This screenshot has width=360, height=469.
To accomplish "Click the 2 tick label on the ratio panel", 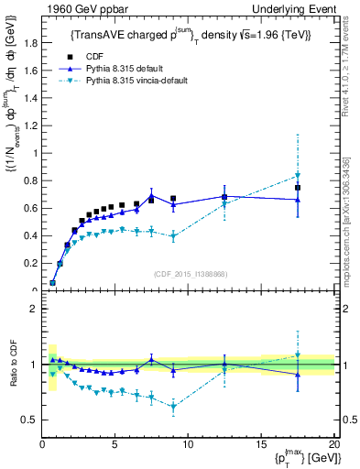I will (x=34, y=309).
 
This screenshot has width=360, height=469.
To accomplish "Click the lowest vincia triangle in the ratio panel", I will (x=173, y=406).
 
